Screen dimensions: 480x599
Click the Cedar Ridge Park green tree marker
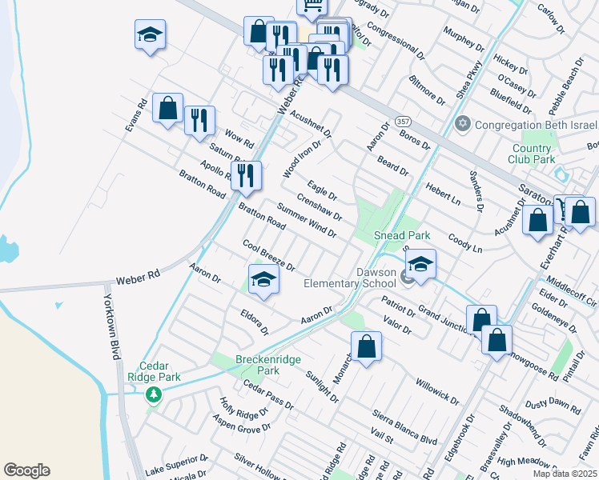tap(153, 394)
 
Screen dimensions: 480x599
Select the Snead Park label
tap(403, 235)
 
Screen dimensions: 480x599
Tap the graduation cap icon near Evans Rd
tap(150, 35)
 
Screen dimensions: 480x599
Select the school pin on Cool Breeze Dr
tap(263, 279)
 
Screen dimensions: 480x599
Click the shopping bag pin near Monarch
tap(366, 346)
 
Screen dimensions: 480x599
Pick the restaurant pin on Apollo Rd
tap(246, 175)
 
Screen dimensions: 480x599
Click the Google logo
tap(26, 470)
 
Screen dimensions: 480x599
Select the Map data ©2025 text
tap(565, 474)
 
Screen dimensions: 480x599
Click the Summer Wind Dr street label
tap(307, 219)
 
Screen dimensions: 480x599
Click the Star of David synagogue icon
tap(462, 125)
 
